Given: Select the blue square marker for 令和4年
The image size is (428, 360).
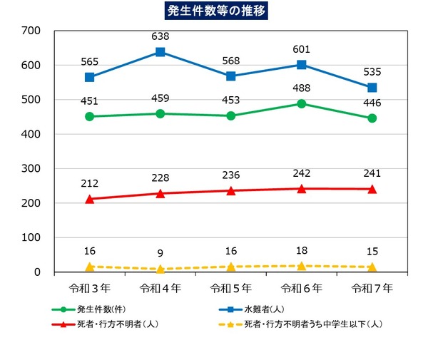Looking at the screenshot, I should pos(160,52).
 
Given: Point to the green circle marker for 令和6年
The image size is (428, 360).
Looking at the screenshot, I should pos(302,104).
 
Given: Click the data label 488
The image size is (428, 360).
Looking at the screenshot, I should pos(302,88).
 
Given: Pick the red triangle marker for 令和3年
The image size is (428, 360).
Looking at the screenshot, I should pos(90,199).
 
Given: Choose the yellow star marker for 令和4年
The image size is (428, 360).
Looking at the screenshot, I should pos(160,269).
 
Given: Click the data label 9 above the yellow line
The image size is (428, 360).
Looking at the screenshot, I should pos(160,252).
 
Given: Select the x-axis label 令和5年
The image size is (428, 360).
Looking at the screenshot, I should pos(231,288).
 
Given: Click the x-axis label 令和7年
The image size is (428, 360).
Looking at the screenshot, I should pos(372,288).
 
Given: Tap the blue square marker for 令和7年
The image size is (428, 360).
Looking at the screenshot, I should pos(372,88).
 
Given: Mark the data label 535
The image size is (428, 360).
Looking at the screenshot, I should pos(372,71).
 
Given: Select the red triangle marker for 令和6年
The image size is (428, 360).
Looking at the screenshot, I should pos(302,189).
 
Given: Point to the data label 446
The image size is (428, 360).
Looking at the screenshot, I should pos(372,103).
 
